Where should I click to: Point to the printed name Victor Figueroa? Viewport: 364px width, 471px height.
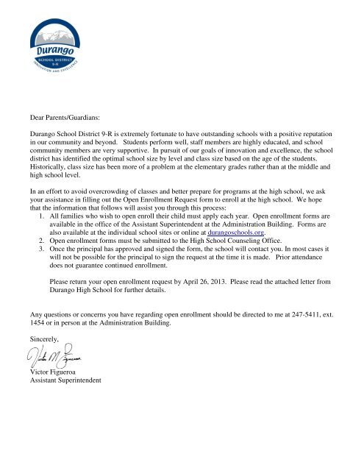click(51, 372)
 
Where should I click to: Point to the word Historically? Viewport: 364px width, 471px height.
click(43, 168)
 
